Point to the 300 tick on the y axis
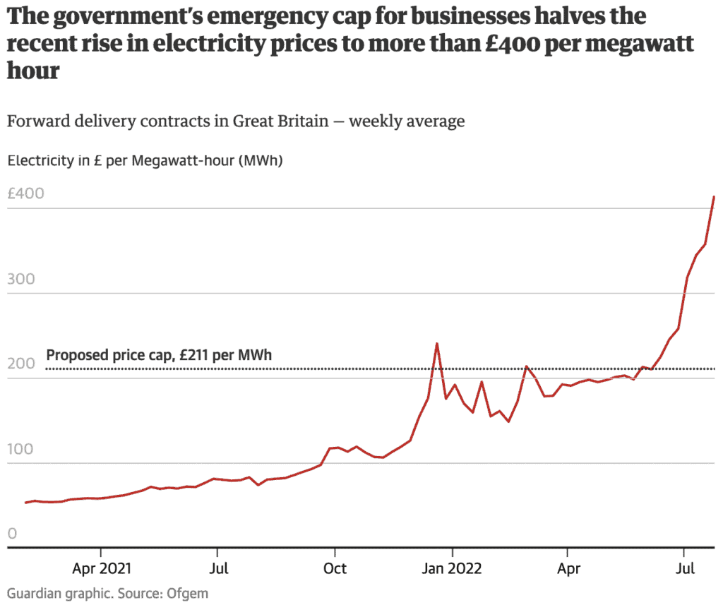click(20, 280)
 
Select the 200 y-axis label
click(20, 365)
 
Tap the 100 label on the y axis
click(20, 450)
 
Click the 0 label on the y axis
click(12, 534)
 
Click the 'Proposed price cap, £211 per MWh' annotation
click(159, 355)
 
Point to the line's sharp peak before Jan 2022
click(437, 344)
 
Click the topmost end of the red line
click(714, 197)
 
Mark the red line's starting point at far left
click(25, 503)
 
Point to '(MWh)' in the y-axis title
click(261, 160)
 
